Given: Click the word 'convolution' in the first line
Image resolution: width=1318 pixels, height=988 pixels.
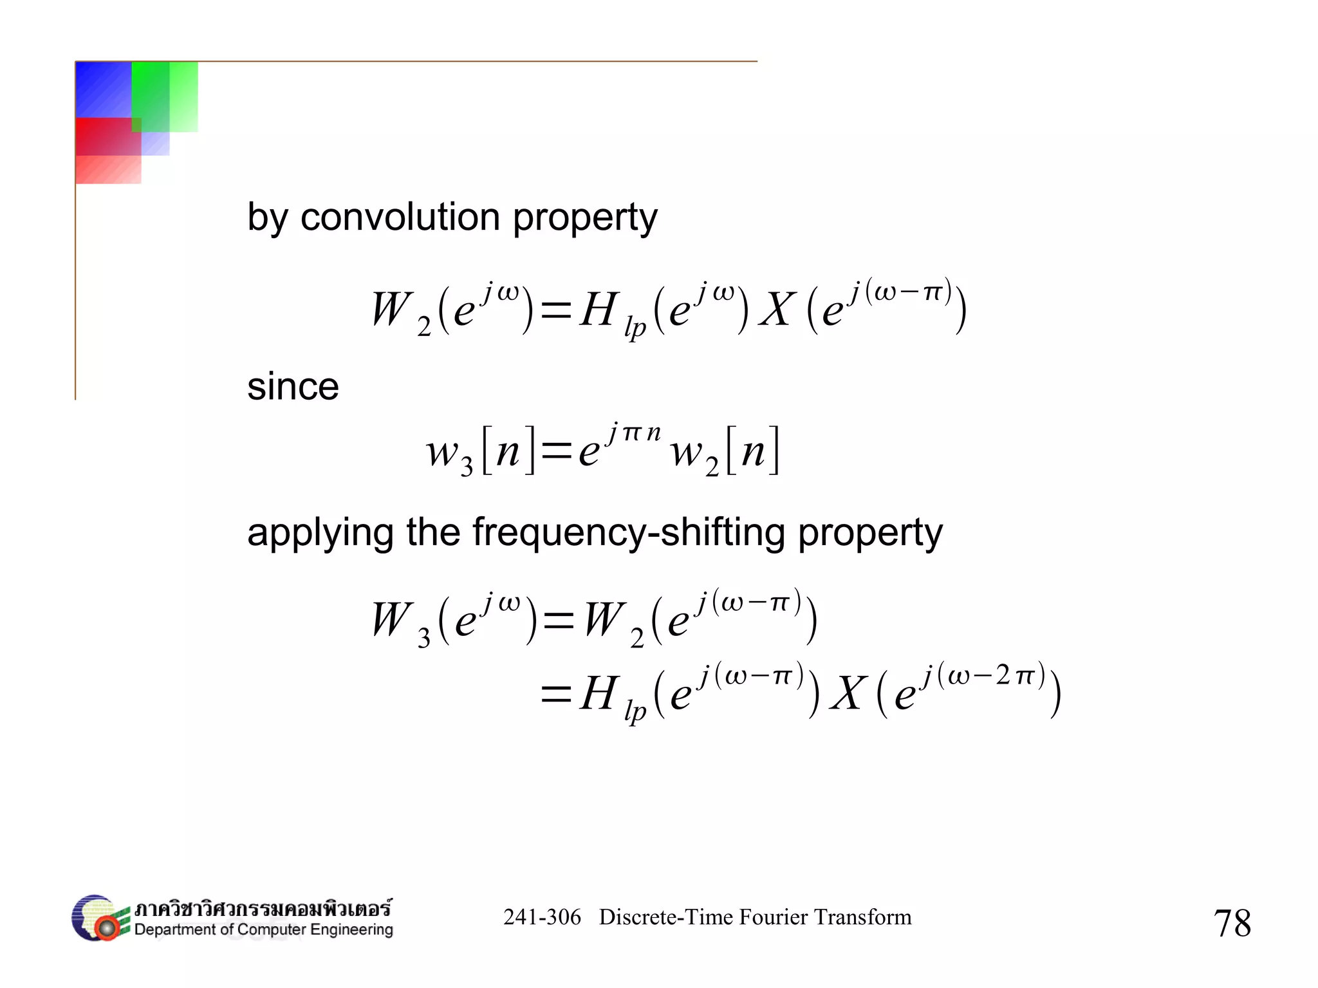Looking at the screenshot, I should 400,217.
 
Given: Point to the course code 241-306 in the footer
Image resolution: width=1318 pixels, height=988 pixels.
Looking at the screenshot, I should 542,917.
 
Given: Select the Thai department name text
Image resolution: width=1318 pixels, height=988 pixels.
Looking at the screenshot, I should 263,908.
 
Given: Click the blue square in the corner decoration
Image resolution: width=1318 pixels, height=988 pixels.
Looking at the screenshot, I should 103,89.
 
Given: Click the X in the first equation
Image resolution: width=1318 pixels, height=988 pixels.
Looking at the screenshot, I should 777,310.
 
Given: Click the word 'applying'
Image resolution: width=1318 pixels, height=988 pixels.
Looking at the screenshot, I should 320,533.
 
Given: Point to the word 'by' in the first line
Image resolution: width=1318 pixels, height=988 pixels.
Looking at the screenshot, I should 267,217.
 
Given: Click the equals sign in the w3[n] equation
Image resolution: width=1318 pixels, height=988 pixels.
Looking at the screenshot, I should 556,451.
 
